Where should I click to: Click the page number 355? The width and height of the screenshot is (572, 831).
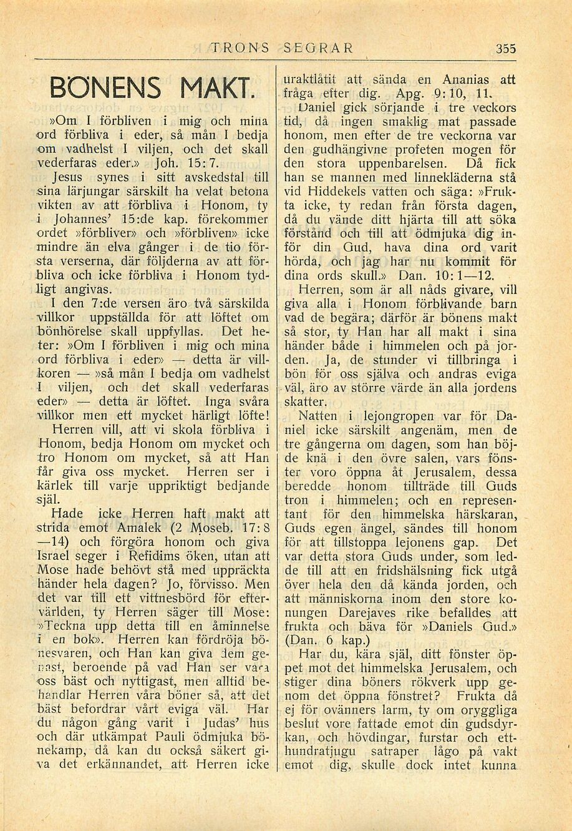point(506,48)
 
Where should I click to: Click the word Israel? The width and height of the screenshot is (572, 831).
point(57,555)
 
